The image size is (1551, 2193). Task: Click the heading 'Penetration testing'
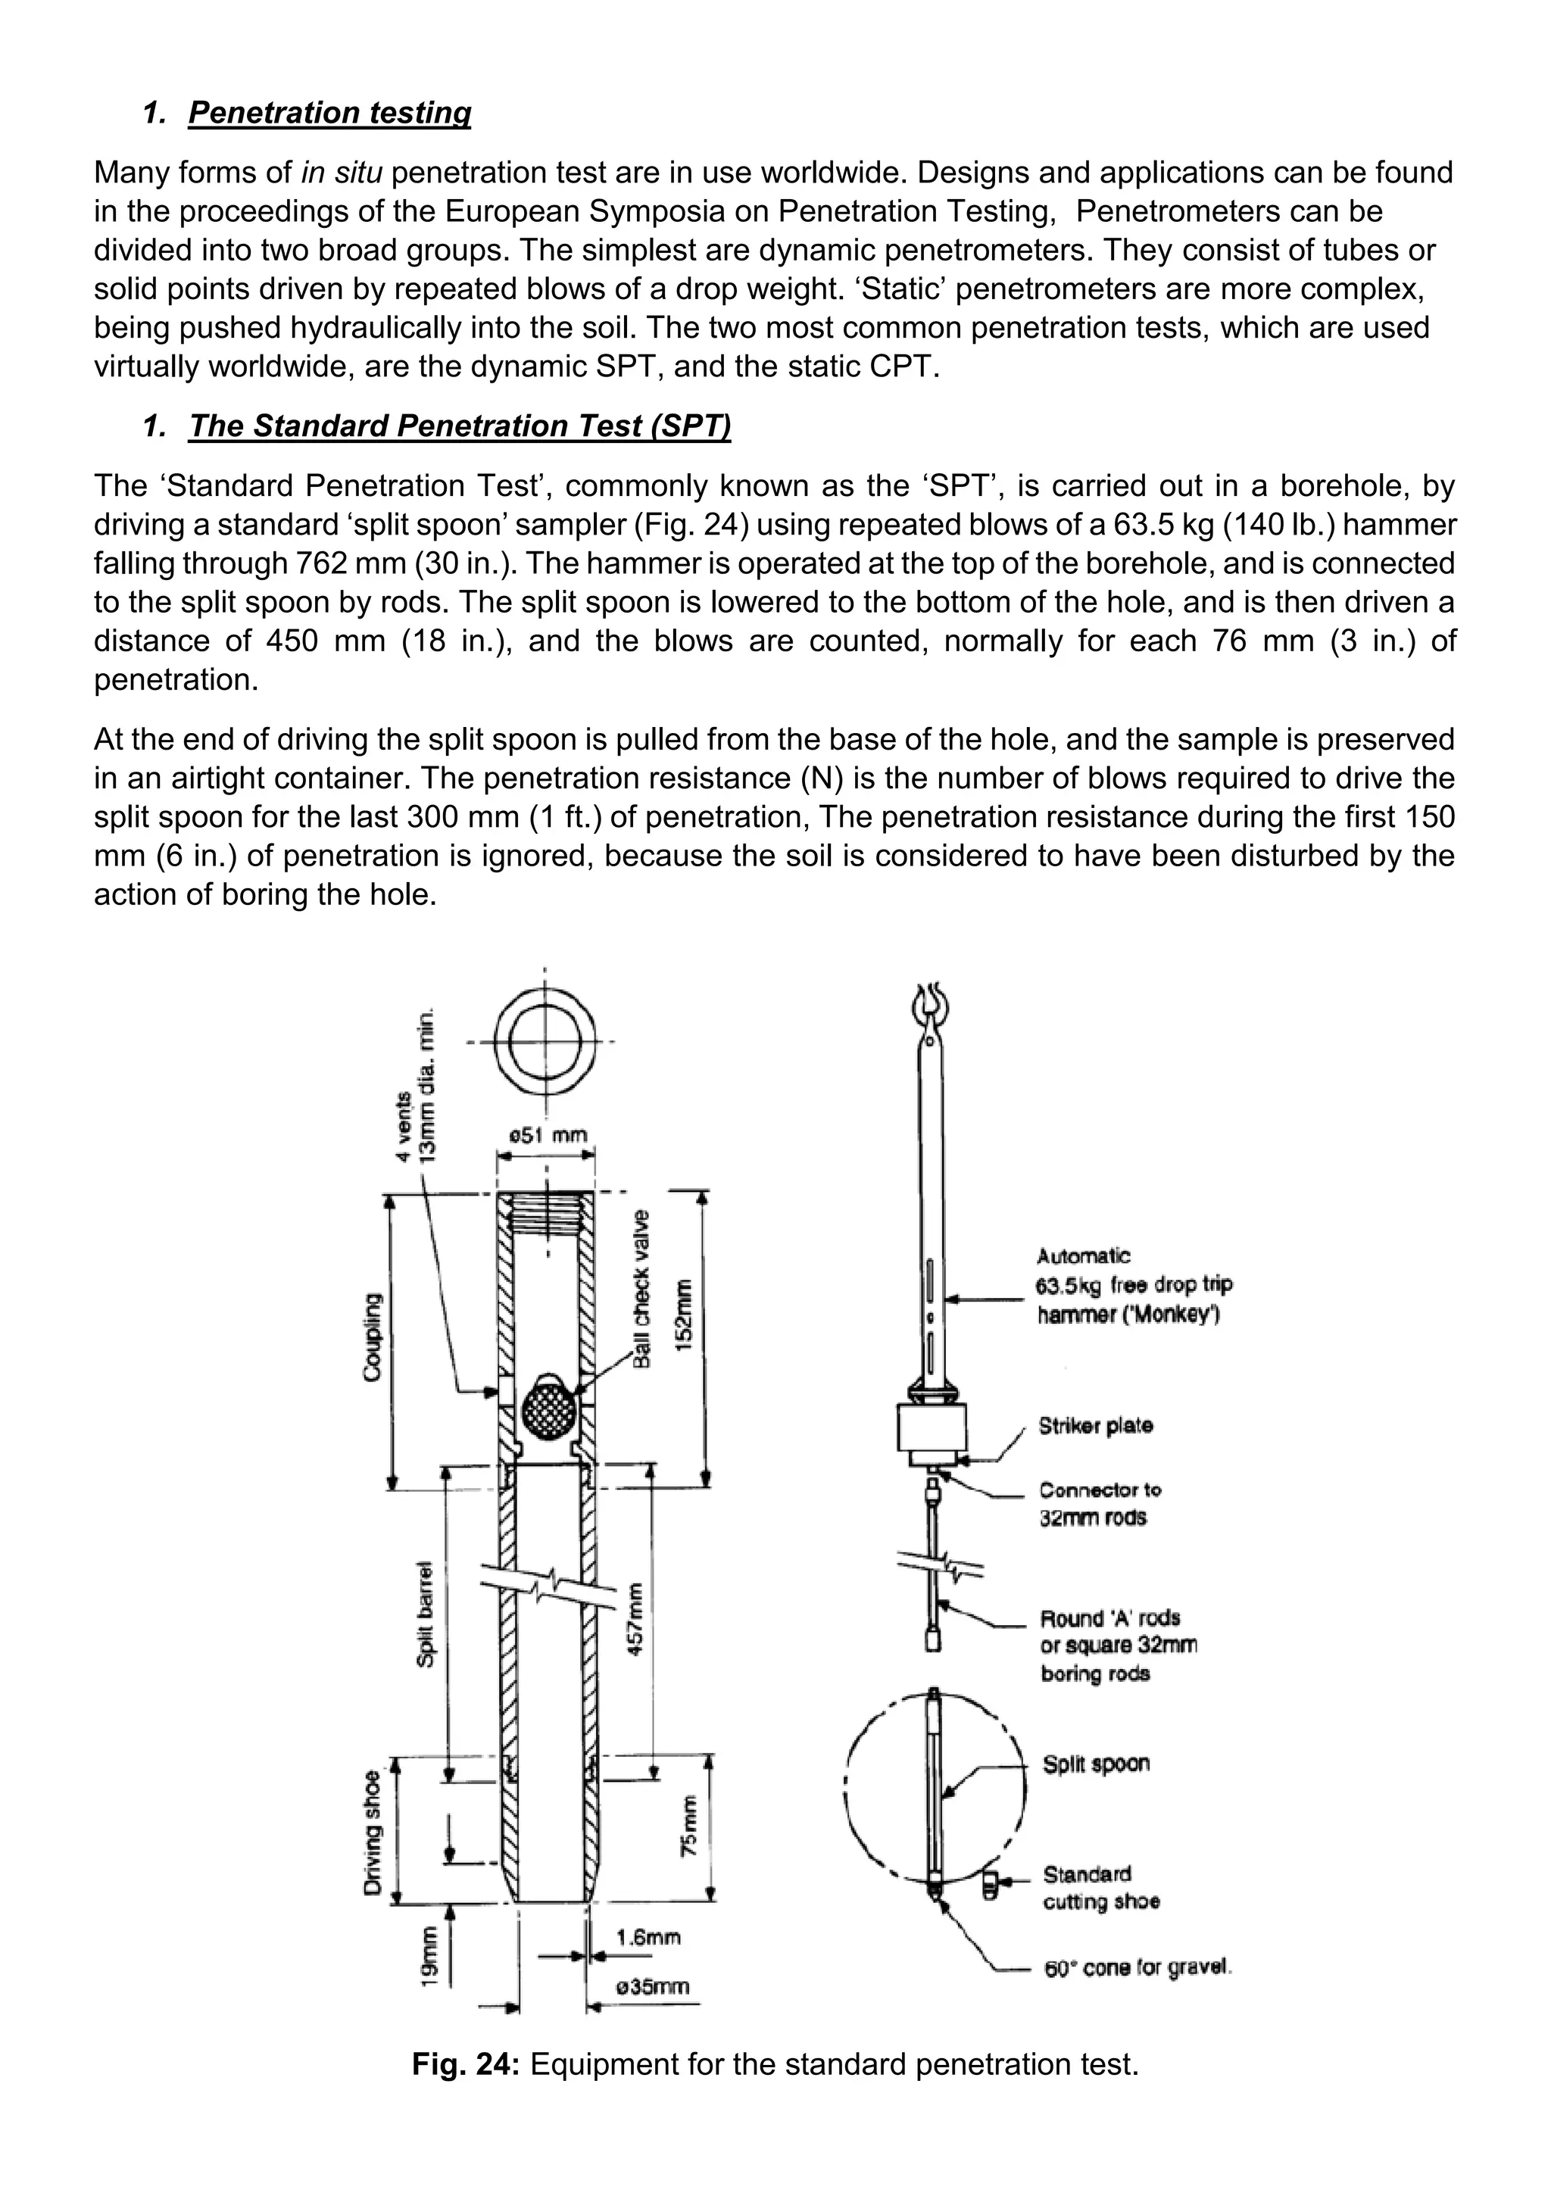(x=329, y=113)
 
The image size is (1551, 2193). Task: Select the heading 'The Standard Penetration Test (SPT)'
(x=460, y=426)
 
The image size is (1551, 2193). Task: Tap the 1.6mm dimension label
(x=648, y=1938)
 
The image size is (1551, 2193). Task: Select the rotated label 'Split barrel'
(x=426, y=1615)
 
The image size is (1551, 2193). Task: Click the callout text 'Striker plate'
(x=1095, y=1426)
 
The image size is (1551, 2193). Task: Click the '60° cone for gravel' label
(x=1138, y=1969)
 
